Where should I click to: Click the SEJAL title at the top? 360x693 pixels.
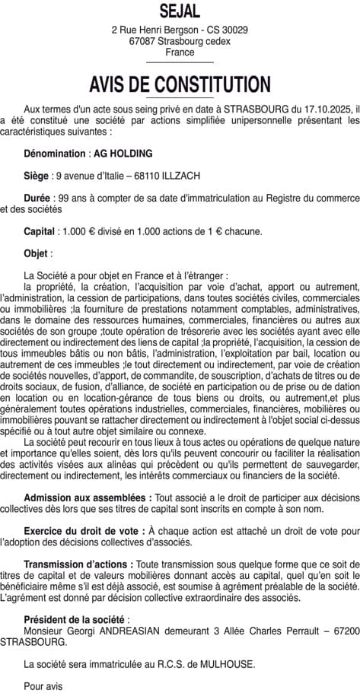180,11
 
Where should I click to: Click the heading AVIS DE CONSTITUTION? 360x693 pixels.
180,84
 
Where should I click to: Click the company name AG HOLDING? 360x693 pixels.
123,153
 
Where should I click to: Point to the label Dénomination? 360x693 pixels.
55,153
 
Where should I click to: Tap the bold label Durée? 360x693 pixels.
37,198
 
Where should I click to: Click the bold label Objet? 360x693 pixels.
37,253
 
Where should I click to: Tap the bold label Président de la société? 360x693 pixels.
75,619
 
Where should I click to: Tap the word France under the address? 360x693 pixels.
180,52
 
